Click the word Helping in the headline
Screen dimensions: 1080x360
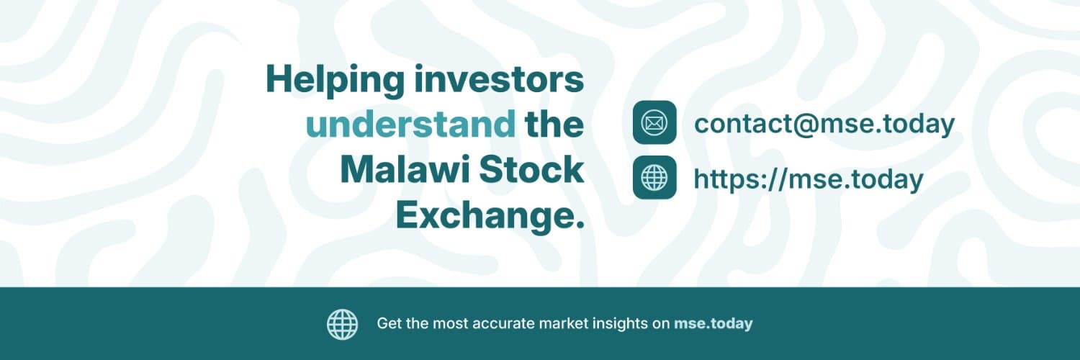point(335,81)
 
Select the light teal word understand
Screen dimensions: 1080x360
point(411,125)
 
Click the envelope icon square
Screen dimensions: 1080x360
point(654,122)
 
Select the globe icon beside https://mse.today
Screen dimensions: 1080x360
point(654,177)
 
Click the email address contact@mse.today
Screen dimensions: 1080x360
point(824,123)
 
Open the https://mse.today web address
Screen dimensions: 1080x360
point(809,179)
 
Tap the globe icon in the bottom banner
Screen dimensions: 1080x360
point(342,324)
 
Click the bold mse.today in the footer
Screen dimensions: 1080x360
point(713,323)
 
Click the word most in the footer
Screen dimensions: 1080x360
point(450,323)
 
